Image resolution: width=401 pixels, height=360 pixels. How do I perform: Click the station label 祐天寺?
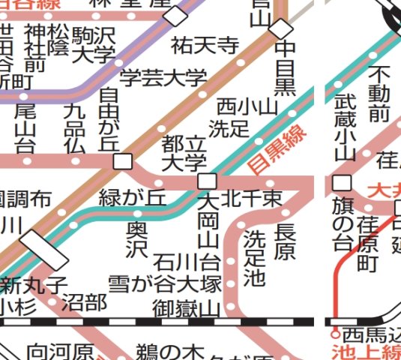pyautogui.click(x=205, y=45)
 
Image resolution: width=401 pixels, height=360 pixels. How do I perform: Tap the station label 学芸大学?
pyautogui.click(x=163, y=76)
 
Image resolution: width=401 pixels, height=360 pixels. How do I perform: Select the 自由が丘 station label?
pyautogui.click(x=110, y=118)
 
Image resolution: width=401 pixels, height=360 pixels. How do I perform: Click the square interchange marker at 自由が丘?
pyautogui.click(x=124, y=161)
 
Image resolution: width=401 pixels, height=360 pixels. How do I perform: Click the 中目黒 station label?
pyautogui.click(x=286, y=68)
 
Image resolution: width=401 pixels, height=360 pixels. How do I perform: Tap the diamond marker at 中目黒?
pyautogui.click(x=281, y=28)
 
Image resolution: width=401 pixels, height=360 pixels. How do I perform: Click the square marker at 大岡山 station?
pyautogui.click(x=207, y=181)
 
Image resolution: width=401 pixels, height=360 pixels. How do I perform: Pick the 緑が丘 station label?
pyautogui.click(x=133, y=198)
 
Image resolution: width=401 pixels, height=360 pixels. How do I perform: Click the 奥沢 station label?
pyautogui.click(x=136, y=238)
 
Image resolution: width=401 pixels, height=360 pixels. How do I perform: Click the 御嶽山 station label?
pyautogui.click(x=187, y=307)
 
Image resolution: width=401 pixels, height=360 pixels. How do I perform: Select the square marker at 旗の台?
pyautogui.click(x=343, y=182)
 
